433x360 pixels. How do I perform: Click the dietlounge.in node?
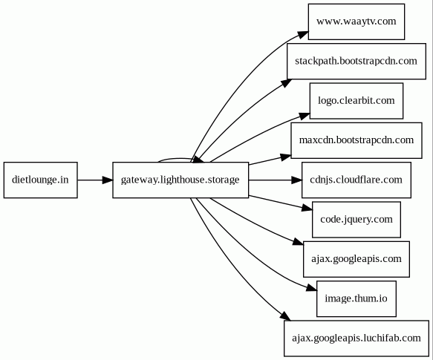41,180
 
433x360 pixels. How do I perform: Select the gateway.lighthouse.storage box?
180,180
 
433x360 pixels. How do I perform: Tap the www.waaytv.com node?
357,22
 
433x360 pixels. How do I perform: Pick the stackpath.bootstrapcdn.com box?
357,61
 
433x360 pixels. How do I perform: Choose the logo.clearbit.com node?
357,101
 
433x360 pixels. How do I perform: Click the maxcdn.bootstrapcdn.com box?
357,140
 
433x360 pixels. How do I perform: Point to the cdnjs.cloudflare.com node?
357,180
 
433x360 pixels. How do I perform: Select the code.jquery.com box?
357,220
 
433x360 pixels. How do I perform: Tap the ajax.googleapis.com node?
357,259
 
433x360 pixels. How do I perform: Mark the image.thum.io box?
357,298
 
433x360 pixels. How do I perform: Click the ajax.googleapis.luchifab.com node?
357,338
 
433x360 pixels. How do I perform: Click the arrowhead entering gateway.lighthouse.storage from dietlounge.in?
108,180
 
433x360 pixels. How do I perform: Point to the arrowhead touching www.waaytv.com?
303,35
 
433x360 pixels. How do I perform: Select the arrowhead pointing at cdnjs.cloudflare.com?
296,180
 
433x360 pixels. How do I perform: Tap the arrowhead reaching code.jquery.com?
307,208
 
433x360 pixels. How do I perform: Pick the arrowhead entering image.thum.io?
311,287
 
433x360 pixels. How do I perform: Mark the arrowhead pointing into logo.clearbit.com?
305,116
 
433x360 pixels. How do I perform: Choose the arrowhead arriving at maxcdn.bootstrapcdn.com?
286,157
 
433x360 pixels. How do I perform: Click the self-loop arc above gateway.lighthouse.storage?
180,158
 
